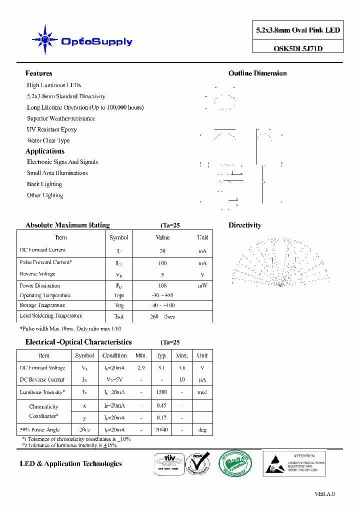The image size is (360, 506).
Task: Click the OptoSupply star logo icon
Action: (45, 39)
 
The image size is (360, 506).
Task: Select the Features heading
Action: (38, 73)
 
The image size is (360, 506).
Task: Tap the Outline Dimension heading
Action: (257, 73)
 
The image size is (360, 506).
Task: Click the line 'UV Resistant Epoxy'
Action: (51, 129)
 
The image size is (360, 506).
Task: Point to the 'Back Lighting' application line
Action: (44, 184)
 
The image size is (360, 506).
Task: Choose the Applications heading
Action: (45, 151)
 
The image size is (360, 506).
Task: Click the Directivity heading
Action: (244, 225)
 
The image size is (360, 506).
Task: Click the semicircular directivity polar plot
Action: (280, 262)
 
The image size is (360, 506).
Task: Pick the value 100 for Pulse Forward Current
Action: (162, 263)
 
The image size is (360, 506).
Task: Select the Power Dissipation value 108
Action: (162, 286)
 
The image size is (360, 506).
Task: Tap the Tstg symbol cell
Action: (119, 305)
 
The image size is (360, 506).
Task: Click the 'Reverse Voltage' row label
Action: (37, 274)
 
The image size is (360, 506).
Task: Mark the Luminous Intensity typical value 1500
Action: (161, 392)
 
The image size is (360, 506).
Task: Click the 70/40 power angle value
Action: (161, 429)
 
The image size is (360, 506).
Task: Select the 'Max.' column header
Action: (182, 355)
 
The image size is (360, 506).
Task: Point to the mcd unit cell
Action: (202, 392)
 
